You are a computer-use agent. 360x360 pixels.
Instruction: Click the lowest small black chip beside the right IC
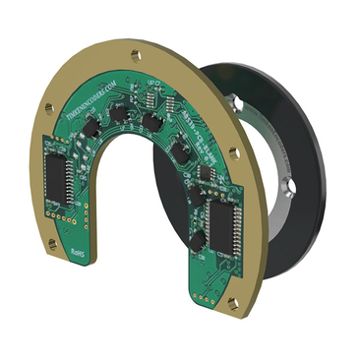pos(199,239)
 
